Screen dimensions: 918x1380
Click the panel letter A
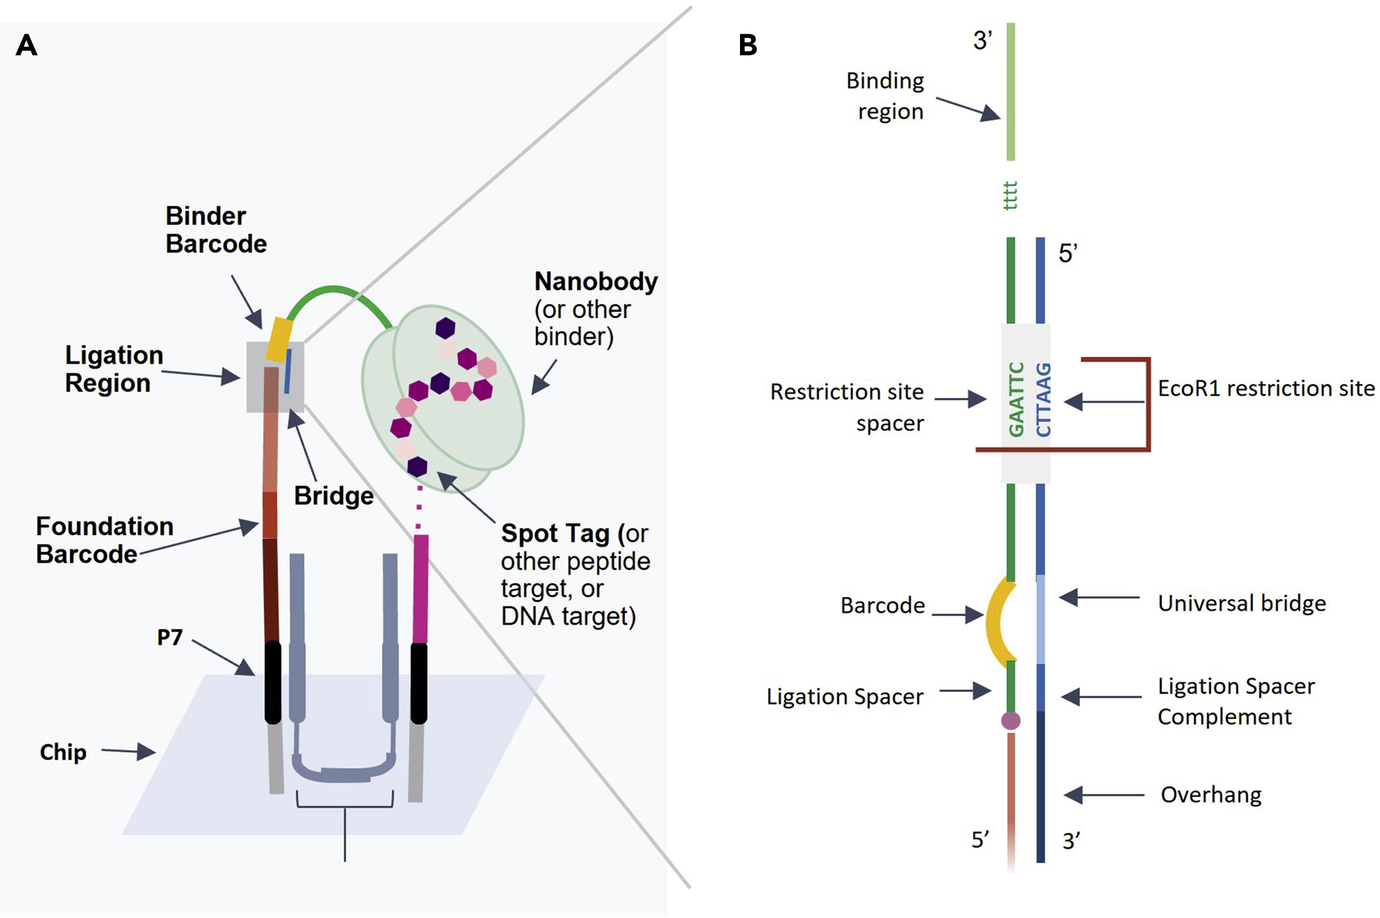(x=26, y=45)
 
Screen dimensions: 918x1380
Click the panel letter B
(x=747, y=45)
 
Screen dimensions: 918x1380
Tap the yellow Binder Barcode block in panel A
(x=279, y=339)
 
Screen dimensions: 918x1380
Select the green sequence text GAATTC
(x=1016, y=399)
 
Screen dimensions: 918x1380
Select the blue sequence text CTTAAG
(x=1044, y=399)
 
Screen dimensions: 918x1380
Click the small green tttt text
(x=1011, y=196)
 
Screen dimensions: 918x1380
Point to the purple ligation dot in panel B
(x=1011, y=721)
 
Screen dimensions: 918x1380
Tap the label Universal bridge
(x=1241, y=603)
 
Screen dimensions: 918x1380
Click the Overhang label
(x=1211, y=795)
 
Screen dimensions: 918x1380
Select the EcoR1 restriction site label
(x=1266, y=388)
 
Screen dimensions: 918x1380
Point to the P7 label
(x=169, y=637)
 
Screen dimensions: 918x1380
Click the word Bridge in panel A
(x=334, y=496)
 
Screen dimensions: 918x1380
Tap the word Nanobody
(x=596, y=281)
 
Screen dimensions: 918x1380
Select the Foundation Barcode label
(x=104, y=540)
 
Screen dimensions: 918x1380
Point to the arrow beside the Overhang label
(x=1103, y=795)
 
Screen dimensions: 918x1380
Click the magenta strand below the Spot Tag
(x=421, y=587)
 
